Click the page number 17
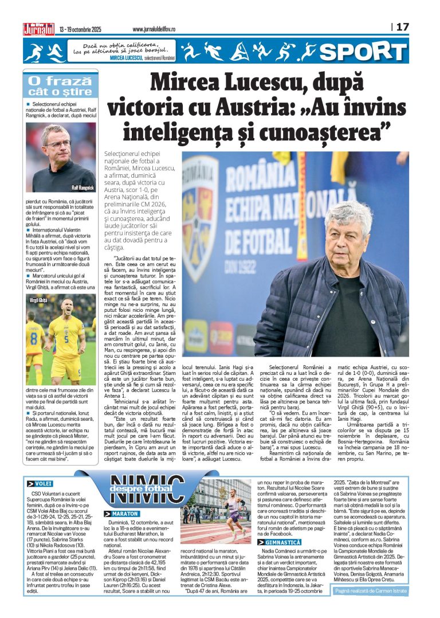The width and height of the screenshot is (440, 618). pos(403,27)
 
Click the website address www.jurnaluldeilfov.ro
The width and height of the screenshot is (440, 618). pos(162,29)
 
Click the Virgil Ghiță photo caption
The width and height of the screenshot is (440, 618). pos(40,299)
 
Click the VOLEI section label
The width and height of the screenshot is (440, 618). pos(41,499)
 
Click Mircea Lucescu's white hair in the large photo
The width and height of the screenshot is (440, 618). pos(348,217)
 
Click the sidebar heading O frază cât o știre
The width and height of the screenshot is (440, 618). pos(59,85)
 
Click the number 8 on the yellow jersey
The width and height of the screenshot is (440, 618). pos(35,334)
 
